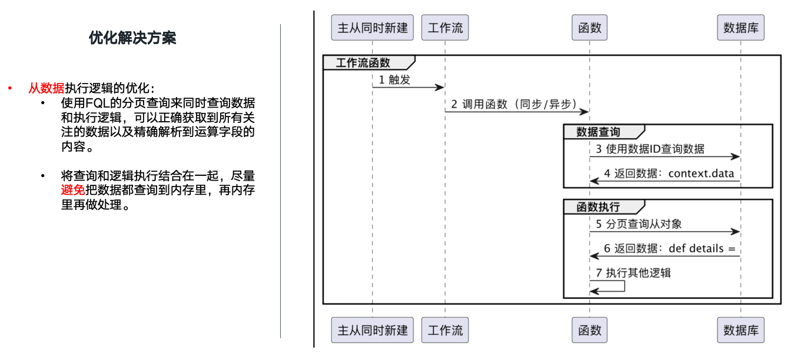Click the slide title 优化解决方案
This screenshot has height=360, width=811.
click(x=132, y=38)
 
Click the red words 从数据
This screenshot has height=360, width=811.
click(x=46, y=89)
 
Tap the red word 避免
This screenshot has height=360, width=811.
click(x=73, y=190)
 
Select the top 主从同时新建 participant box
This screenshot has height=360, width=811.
click(x=372, y=28)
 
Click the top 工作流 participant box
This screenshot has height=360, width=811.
click(x=445, y=28)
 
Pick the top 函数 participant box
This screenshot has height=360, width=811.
click(x=589, y=28)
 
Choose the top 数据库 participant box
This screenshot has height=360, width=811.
click(x=740, y=28)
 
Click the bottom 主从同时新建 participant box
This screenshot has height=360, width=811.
click(x=372, y=330)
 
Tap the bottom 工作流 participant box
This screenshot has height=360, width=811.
click(x=445, y=330)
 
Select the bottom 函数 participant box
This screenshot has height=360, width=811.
click(x=589, y=330)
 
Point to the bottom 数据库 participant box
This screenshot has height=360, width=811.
click(x=740, y=330)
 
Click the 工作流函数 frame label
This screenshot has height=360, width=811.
click(x=363, y=63)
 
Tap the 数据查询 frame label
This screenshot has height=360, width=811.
click(x=598, y=132)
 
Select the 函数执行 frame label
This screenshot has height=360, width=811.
click(x=598, y=207)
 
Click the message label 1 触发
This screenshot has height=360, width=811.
click(x=394, y=80)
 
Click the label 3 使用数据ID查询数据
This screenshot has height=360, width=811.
click(x=650, y=149)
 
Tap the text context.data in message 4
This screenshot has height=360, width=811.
click(x=701, y=174)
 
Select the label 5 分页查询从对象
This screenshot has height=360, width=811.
click(x=639, y=224)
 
